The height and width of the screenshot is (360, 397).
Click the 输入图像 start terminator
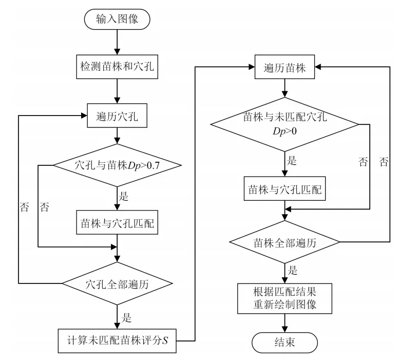[x=118, y=20]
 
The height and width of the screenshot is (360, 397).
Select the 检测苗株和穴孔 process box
[x=118, y=68]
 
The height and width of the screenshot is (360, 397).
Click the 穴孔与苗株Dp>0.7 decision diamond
[x=118, y=165]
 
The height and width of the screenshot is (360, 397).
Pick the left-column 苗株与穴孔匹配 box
[x=118, y=223]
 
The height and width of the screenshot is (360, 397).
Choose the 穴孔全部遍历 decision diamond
[x=118, y=282]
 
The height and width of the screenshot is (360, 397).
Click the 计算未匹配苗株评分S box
[x=118, y=339]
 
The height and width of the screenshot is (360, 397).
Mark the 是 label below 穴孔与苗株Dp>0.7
[x=124, y=196]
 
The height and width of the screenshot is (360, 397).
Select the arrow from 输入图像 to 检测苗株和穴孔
[x=118, y=43]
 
